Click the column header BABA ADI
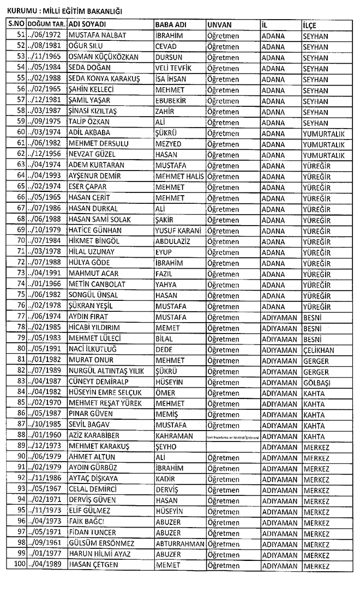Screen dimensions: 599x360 point(170,25)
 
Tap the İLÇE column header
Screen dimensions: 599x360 point(309,25)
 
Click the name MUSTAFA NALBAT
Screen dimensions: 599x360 point(97,36)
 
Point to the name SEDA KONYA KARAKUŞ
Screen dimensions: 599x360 point(104,79)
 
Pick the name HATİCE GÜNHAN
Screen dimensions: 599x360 point(95,230)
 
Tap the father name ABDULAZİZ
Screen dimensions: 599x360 point(175,241)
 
